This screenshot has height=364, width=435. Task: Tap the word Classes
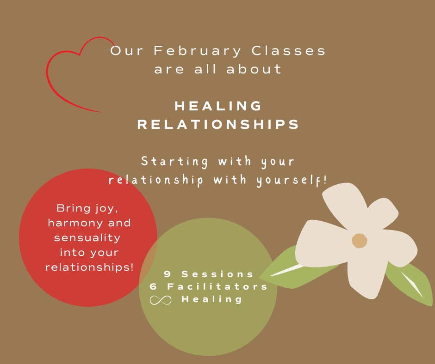tap(288, 51)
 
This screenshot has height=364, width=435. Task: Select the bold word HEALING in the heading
tap(218, 106)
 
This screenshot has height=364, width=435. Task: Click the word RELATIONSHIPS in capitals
tap(218, 124)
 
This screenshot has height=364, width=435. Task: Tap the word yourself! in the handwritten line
tap(292, 181)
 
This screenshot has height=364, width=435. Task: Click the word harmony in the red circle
tap(75, 223)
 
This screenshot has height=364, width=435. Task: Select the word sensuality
tap(87, 238)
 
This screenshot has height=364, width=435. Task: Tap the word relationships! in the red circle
tap(89, 267)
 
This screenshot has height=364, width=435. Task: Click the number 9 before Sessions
tap(167, 274)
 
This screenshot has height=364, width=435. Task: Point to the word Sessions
tap(217, 274)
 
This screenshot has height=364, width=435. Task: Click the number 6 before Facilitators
tap(153, 286)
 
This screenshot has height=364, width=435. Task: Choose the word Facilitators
tap(217, 286)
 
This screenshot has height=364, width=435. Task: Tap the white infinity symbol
tap(161, 300)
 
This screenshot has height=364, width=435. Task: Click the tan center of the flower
tap(360, 241)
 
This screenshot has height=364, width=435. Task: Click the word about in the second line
tap(254, 69)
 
